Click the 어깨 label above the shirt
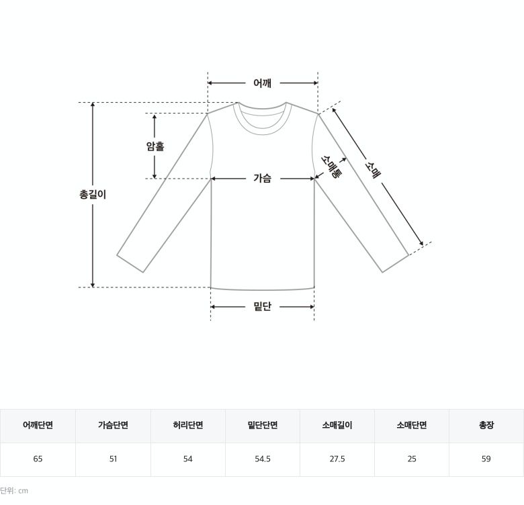(262, 83)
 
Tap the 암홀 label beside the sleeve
(155, 146)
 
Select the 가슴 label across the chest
(262, 178)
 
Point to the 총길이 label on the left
(93, 194)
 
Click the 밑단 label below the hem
(262, 306)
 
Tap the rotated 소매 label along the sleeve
(373, 170)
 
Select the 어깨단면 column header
(38, 425)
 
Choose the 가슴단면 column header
(113, 425)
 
